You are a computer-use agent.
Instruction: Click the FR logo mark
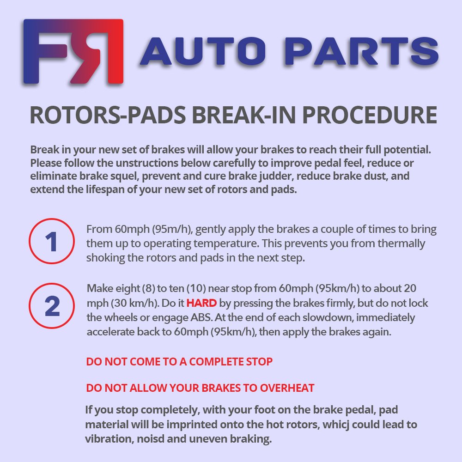click(x=73, y=51)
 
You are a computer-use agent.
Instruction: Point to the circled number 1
click(x=52, y=241)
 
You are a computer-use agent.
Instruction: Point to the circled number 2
click(x=52, y=306)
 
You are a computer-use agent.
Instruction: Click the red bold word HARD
click(x=201, y=304)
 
